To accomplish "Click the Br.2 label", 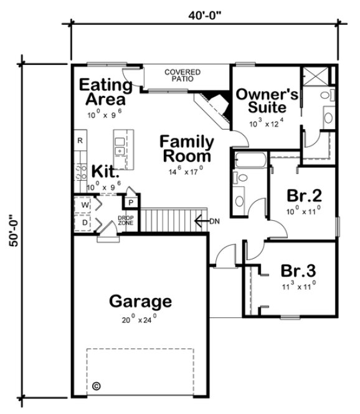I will pos(303,196).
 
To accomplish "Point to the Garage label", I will pos(140,302).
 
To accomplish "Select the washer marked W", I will pos(85,205).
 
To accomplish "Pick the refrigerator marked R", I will pos(80,140).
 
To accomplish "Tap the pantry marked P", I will pos(132,203).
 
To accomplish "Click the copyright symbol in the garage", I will pos(96,386).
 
